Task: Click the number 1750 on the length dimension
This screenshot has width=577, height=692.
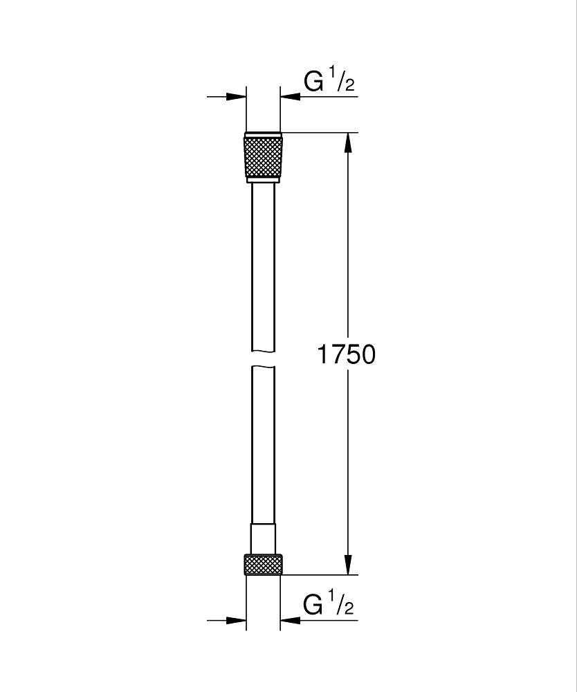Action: pyautogui.click(x=346, y=354)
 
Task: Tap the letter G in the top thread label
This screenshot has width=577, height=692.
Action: pyautogui.click(x=314, y=82)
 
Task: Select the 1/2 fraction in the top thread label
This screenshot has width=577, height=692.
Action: pyautogui.click(x=342, y=81)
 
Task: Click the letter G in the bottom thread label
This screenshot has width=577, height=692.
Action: pyautogui.click(x=314, y=605)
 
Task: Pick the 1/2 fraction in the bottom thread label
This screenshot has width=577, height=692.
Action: pyautogui.click(x=342, y=604)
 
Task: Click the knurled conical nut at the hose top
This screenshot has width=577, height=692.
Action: pyautogui.click(x=263, y=156)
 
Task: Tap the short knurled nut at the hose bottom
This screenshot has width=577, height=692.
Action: pyautogui.click(x=263, y=564)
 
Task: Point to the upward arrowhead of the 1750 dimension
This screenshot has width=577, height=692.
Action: pyautogui.click(x=348, y=142)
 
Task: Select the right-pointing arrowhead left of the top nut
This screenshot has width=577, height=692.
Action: pyautogui.click(x=237, y=97)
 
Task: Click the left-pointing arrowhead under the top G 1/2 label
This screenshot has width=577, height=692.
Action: pyautogui.click(x=290, y=97)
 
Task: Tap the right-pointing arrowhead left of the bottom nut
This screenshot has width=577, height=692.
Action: pyautogui.click(x=237, y=620)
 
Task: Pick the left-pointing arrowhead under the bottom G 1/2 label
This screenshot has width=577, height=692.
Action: pyautogui.click(x=290, y=620)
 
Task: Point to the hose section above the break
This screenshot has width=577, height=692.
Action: pyautogui.click(x=263, y=263)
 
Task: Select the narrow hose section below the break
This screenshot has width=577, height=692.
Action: pyautogui.click(x=263, y=443)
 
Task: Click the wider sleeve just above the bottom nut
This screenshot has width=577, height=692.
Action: pyautogui.click(x=263, y=538)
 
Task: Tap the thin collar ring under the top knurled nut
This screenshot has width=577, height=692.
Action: pyautogui.click(x=263, y=180)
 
